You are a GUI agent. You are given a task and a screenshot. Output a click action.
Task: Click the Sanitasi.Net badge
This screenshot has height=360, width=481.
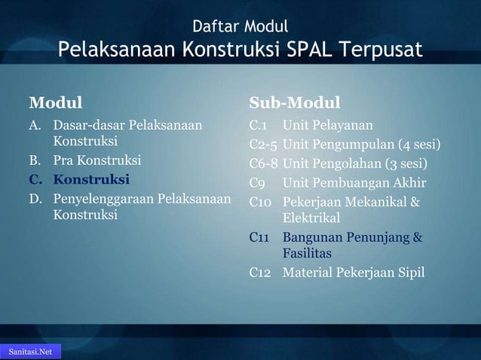(x=30, y=352)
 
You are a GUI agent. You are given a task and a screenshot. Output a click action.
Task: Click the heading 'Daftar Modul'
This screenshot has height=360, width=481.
(x=240, y=28)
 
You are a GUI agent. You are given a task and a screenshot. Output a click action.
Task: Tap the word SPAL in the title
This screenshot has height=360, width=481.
(x=315, y=51)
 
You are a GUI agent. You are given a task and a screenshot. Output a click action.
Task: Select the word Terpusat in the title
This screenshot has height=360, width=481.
(x=384, y=51)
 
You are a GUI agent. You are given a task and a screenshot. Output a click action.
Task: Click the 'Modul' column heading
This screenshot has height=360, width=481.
(x=55, y=102)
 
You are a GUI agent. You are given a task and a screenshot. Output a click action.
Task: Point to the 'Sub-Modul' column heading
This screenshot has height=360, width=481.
(x=295, y=102)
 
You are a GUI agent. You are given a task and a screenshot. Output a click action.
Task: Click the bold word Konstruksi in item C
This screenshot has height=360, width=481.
(x=91, y=180)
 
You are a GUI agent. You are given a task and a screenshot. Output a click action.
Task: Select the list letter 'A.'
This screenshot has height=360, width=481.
(x=35, y=124)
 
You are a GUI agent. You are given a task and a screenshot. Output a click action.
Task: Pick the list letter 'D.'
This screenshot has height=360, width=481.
(x=35, y=198)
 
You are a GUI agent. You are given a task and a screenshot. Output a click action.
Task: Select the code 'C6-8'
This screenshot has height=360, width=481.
(x=264, y=163)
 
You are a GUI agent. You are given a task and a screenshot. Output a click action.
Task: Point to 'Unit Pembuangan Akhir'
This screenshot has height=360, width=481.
(x=354, y=182)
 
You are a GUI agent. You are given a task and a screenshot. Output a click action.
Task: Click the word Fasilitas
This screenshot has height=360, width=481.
(x=307, y=255)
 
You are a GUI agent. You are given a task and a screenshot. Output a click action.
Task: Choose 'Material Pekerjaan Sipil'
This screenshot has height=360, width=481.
(x=354, y=272)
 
